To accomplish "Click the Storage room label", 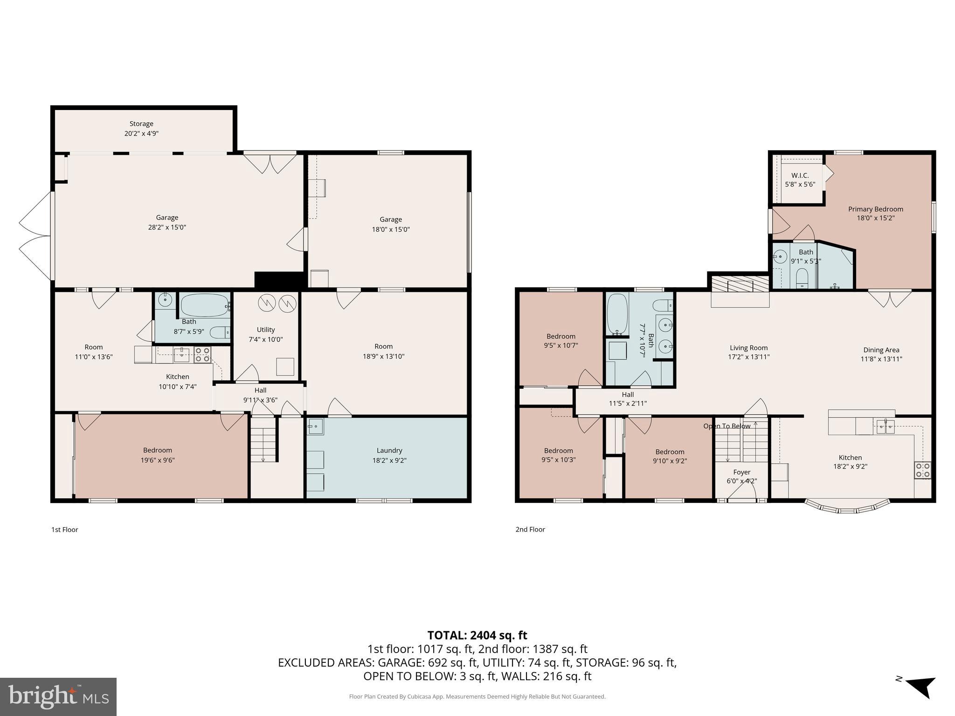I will click(x=141, y=124).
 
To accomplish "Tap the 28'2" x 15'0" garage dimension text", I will click(x=167, y=227).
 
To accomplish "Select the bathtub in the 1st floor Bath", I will click(x=204, y=305).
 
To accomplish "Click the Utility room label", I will click(x=265, y=330).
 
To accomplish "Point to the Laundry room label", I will click(x=389, y=450).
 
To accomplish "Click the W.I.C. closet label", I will click(x=800, y=175).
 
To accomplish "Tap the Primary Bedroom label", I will click(x=875, y=209).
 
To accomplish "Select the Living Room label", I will click(x=748, y=348).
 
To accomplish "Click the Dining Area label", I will click(x=881, y=350).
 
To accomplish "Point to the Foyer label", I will click(x=741, y=472).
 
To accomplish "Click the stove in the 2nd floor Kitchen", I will click(x=923, y=470).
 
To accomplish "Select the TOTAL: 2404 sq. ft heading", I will click(x=477, y=635).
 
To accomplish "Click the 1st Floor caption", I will click(x=64, y=530).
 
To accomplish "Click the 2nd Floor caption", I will click(x=530, y=529).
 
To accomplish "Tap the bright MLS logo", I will click(x=58, y=696).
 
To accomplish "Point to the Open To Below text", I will click(x=727, y=426).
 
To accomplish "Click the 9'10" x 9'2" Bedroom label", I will click(x=670, y=452).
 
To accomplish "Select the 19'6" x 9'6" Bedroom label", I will click(x=158, y=450).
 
